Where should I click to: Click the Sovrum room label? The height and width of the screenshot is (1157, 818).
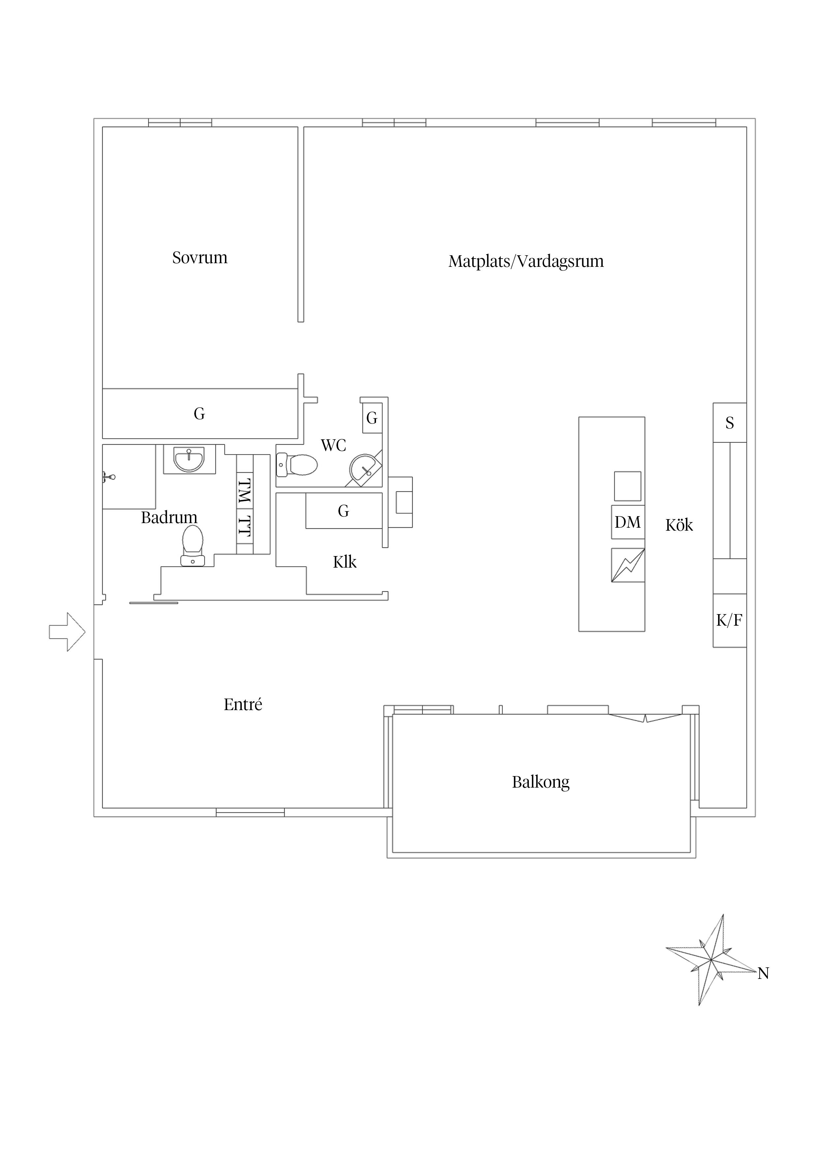tap(200, 258)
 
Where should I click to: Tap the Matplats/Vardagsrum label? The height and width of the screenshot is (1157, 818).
tap(526, 261)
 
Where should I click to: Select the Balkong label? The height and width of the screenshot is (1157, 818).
tap(540, 782)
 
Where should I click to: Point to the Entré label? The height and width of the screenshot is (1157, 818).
tap(243, 704)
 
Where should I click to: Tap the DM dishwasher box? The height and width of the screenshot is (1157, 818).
tap(627, 522)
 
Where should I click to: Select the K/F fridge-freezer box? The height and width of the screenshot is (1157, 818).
tap(729, 620)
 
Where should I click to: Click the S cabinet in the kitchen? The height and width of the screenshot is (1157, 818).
tap(729, 423)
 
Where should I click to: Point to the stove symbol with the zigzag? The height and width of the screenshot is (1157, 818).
tap(627, 565)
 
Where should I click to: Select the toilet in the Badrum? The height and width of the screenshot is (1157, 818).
tap(193, 545)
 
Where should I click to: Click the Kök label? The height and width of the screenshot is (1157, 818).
tap(679, 525)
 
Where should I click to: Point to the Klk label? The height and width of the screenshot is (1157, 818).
tap(345, 562)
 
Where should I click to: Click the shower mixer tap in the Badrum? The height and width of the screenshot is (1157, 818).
tap(109, 476)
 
